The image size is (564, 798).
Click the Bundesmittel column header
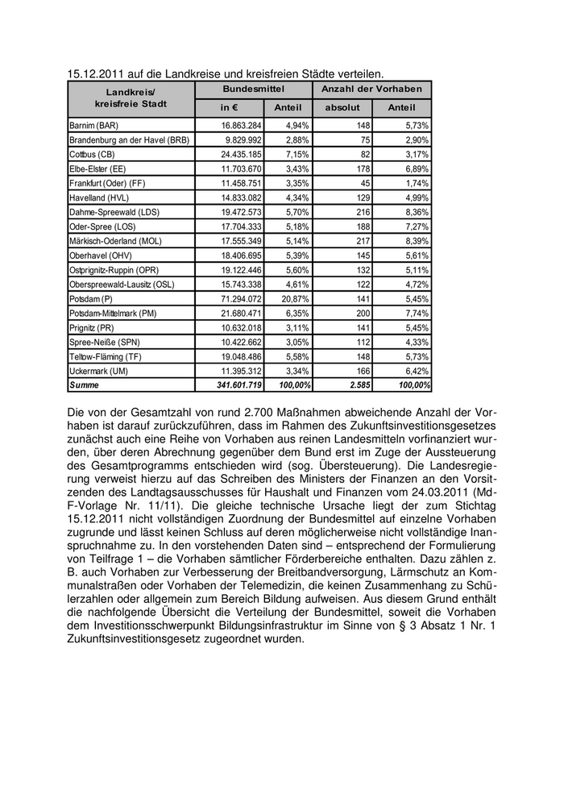pyautogui.click(x=253, y=89)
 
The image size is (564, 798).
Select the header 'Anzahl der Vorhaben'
pyautogui.click(x=371, y=89)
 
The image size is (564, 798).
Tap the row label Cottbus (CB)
pyautogui.click(x=93, y=154)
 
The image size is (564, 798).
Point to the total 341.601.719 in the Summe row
pyautogui.click(x=234, y=385)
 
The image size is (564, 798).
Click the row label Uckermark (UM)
pyautogui.click(x=100, y=371)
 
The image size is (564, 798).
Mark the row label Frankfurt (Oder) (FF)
pyautogui.click(x=107, y=183)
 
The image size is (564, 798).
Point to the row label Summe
pyautogui.click(x=84, y=385)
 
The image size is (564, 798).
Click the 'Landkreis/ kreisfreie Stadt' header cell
pyautogui.click(x=131, y=98)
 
